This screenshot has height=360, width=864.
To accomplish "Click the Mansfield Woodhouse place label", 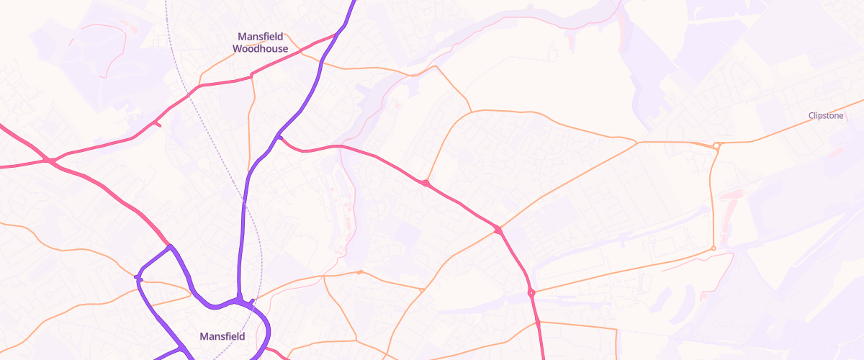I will coord(260,42).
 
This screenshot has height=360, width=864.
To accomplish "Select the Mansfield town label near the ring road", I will coord(222,336).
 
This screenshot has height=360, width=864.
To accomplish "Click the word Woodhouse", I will coord(260,49).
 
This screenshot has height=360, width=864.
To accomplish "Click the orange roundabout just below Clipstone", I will coord(716,145).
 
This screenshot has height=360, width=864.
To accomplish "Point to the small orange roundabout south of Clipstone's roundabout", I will coord(714,248).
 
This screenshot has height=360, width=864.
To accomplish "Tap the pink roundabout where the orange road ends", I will coord(531,292).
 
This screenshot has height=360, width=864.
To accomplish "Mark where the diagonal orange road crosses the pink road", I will coord(498,230).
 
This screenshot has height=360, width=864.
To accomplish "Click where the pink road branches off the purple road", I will coord(279,137).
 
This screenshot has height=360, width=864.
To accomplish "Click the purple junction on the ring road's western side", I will coord(138,278).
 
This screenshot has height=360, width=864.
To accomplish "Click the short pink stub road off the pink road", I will coord(157,125).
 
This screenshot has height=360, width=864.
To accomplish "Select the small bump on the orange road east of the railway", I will coord(360,272).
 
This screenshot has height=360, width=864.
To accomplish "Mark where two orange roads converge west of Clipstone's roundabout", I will coord(637,143).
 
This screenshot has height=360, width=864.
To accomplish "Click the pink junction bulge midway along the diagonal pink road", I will coord(426,183).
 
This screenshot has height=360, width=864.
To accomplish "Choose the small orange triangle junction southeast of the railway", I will coord(421,290).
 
